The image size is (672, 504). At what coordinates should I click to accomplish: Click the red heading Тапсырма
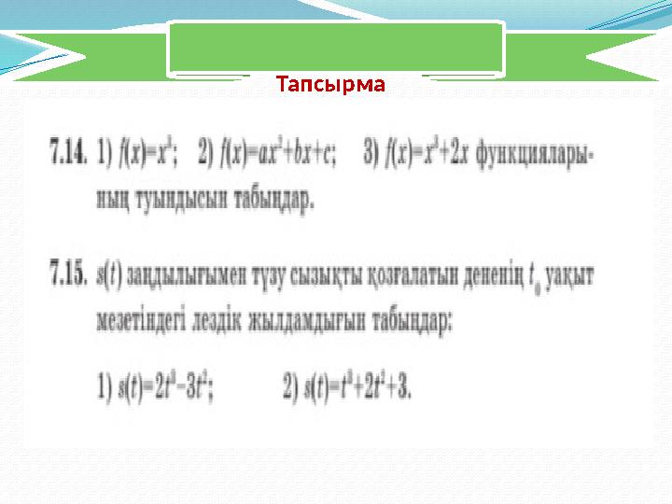click(x=331, y=86)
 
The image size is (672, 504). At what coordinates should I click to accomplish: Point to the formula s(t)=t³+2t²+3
click(x=346, y=385)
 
